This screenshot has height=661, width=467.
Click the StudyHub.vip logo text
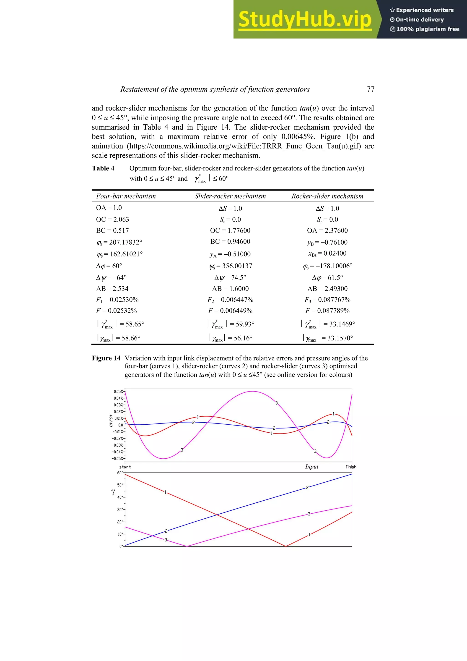pos(305,19)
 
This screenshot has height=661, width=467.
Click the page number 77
pos(370,89)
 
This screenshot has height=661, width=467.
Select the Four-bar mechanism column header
pos(126,196)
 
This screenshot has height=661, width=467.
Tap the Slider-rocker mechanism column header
pos(230,196)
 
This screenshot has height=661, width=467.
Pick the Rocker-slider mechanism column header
pos(327,196)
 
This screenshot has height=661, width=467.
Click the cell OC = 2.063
pos(112,219)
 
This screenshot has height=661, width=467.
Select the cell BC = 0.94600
pos(230,242)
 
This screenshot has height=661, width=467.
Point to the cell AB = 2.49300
pos(327,288)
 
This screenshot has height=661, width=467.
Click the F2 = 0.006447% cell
pos(230,300)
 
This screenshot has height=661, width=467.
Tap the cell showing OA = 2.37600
pos(327,230)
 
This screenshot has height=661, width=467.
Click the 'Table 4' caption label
pos(103,168)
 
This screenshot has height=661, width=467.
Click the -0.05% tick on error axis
pos(118,459)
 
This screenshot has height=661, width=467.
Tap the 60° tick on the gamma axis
pos(120,473)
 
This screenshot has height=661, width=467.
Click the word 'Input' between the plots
pos(312,467)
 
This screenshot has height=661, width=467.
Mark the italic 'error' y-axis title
pos(111,420)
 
